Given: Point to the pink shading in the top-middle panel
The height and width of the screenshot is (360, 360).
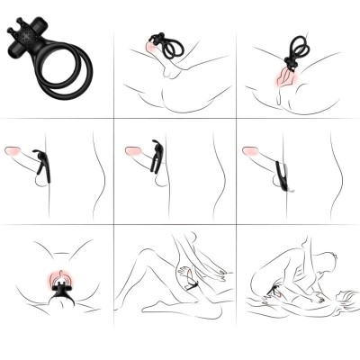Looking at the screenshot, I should pos(154,63).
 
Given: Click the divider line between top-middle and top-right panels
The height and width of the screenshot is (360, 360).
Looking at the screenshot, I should pos(237,58).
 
